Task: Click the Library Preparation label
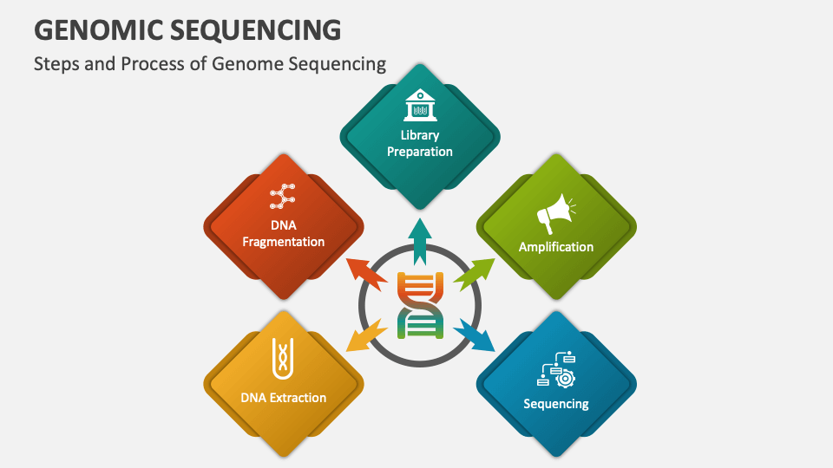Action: (x=420, y=143)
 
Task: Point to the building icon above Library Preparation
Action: (x=420, y=106)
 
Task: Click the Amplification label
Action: (x=556, y=247)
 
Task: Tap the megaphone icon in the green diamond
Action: (x=555, y=211)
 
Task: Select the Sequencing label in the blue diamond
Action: (x=556, y=404)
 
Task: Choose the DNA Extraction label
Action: (x=284, y=398)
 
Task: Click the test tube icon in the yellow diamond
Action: (x=283, y=359)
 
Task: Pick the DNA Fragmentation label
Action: (x=284, y=234)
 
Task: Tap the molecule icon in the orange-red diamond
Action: (x=283, y=198)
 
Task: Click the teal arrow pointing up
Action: (x=420, y=241)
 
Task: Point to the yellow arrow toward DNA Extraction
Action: (x=366, y=335)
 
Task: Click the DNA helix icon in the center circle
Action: (x=420, y=305)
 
